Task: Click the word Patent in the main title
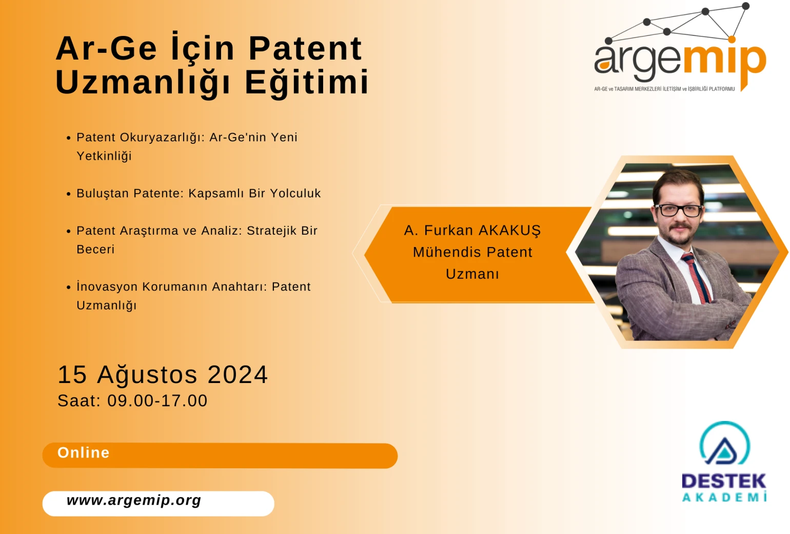305,48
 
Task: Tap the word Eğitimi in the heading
306,82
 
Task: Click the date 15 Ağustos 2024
163,374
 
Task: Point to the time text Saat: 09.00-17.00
132,400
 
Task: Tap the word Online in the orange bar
84,452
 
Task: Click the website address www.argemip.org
134,500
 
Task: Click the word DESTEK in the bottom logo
724,481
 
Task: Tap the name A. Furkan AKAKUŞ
472,230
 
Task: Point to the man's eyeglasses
678,211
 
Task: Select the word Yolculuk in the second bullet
295,193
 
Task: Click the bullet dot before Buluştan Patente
69,194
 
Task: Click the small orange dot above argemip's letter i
732,40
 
